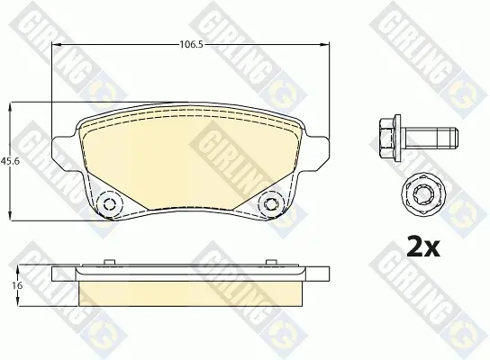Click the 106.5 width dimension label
[191, 45]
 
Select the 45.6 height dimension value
[10, 161]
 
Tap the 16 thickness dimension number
[18, 285]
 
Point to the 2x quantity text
[423, 247]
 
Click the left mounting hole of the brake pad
[109, 204]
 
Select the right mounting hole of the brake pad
[271, 204]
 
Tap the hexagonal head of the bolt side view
[390, 138]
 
